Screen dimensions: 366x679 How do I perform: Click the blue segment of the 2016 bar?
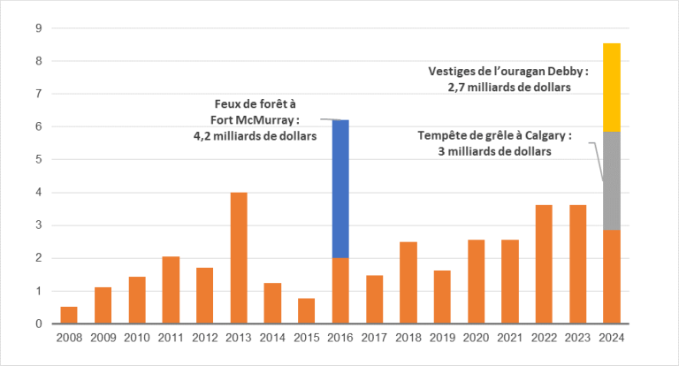click(340, 188)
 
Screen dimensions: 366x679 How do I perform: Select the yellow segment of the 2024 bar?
click(611, 87)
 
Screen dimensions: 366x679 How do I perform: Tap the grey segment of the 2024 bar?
click(611, 180)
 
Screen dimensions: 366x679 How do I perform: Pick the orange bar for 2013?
click(239, 258)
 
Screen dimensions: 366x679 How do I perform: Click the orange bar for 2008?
click(69, 315)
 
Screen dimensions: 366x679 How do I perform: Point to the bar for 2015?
click(307, 311)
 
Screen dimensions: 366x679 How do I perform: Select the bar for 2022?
click(544, 264)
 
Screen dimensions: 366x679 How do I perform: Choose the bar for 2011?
click(171, 290)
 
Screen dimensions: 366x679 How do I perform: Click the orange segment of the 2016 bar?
click(340, 291)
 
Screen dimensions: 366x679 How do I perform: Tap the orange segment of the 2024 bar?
click(611, 277)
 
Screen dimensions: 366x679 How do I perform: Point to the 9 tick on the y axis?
click(39, 28)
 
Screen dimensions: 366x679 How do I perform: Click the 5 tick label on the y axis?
click(39, 160)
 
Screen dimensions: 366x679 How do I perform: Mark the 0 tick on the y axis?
click(39, 324)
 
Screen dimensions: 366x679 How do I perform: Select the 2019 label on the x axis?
click(442, 339)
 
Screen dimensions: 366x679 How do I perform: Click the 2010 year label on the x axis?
click(137, 339)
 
